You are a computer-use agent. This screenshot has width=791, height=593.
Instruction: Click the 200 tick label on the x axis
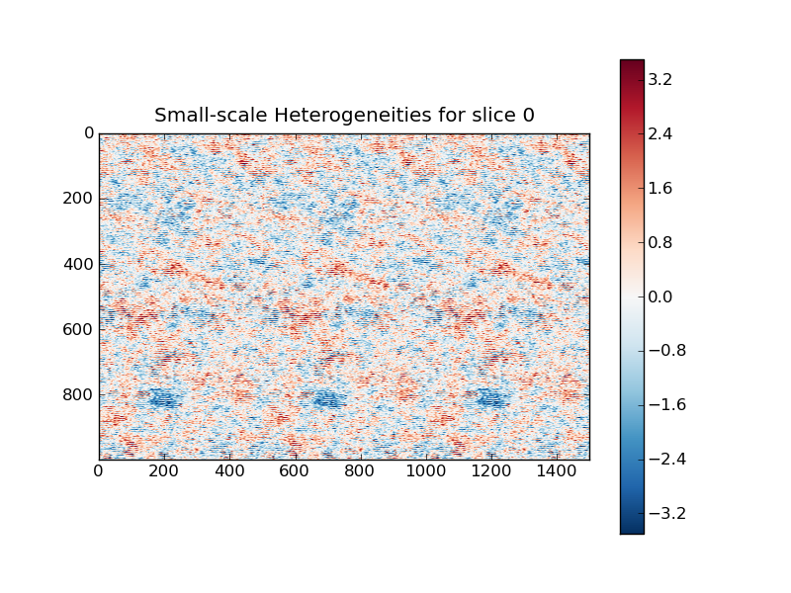pyautogui.click(x=164, y=473)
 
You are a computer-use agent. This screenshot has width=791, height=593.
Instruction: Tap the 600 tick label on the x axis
pyautogui.click(x=295, y=473)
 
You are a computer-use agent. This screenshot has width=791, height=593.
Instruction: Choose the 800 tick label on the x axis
pyautogui.click(x=361, y=473)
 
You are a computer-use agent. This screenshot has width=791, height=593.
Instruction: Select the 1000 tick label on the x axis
pyautogui.click(x=426, y=473)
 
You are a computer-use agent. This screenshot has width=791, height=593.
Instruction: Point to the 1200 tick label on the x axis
pyautogui.click(x=491, y=473)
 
